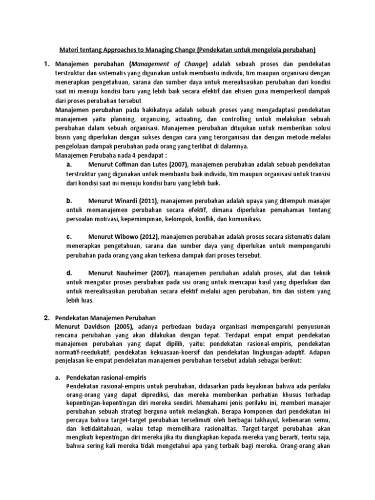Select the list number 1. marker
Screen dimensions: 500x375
(47, 64)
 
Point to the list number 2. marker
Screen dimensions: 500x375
(47, 318)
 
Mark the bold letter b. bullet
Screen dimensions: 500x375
(69, 201)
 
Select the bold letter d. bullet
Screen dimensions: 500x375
(69, 272)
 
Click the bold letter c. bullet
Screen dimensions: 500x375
(69, 236)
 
